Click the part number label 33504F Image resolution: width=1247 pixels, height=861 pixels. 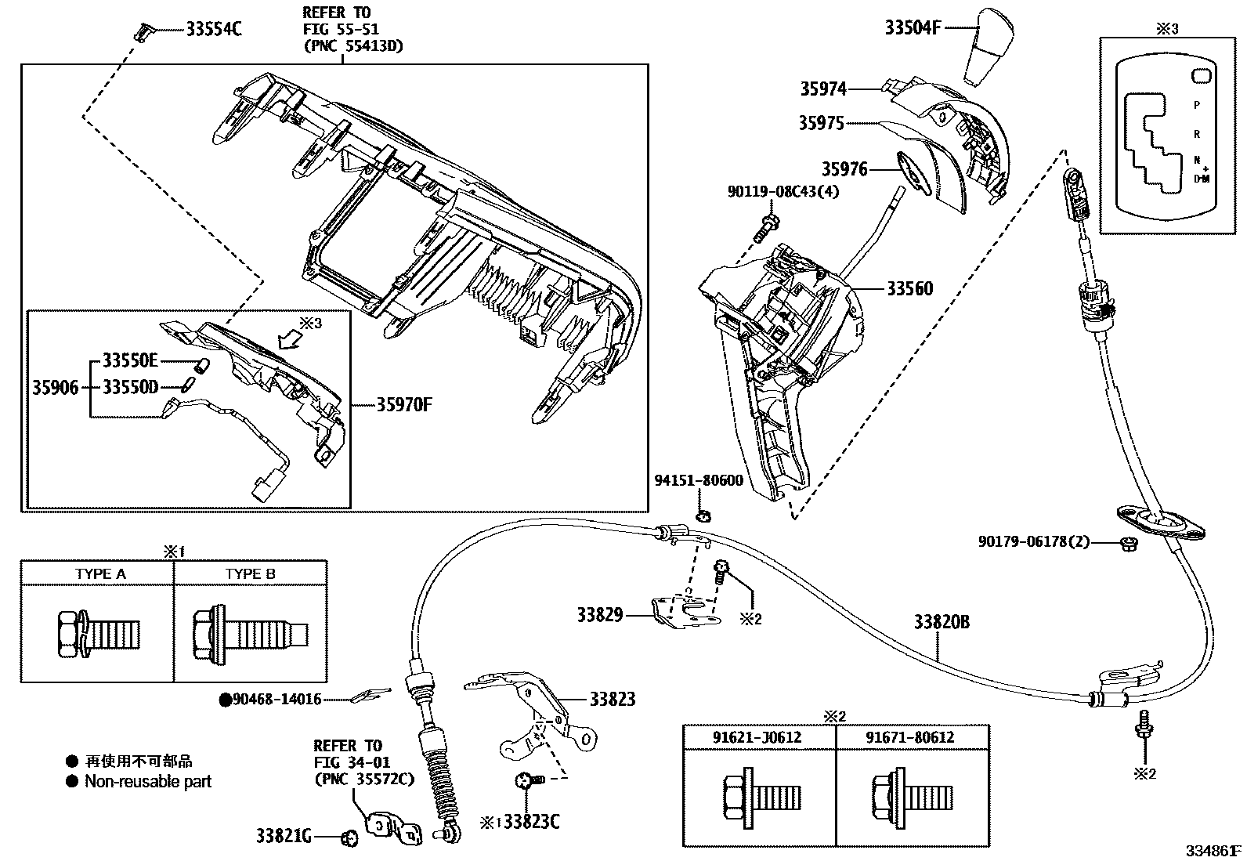(x=912, y=27)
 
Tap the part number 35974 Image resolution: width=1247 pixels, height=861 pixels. (x=822, y=89)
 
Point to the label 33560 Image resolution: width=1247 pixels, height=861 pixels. (x=909, y=288)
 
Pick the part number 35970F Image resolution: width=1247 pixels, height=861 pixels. (x=404, y=404)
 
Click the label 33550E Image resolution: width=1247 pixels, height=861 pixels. (x=131, y=360)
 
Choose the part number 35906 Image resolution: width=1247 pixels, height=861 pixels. (x=55, y=387)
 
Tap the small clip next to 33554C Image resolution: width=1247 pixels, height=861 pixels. (x=141, y=31)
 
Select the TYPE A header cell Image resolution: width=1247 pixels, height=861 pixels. (x=100, y=573)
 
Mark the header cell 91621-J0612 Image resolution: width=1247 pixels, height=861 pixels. (x=757, y=737)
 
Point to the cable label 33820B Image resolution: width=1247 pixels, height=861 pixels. (x=942, y=622)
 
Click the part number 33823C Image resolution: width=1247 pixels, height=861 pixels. (x=532, y=822)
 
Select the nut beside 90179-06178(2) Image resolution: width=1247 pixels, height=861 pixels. (x=1128, y=542)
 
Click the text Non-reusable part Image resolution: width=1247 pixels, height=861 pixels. (x=148, y=781)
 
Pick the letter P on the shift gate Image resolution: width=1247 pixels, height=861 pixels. (x=1196, y=104)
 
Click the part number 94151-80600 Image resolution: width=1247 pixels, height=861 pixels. (x=699, y=480)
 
